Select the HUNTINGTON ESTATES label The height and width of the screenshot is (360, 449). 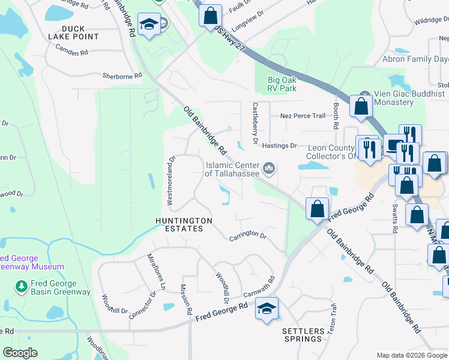pyautogui.click(x=184, y=225)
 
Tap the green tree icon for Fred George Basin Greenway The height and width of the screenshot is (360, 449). pyautogui.click(x=22, y=285)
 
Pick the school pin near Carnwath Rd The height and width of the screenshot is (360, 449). pyautogui.click(x=267, y=309)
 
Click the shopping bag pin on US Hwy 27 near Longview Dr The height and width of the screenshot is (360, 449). pyautogui.click(x=211, y=16)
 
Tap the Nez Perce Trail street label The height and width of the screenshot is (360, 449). pyautogui.click(x=303, y=116)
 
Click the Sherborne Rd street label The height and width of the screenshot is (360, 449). pyautogui.click(x=122, y=76)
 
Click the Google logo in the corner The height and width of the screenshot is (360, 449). pyautogui.click(x=20, y=352)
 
